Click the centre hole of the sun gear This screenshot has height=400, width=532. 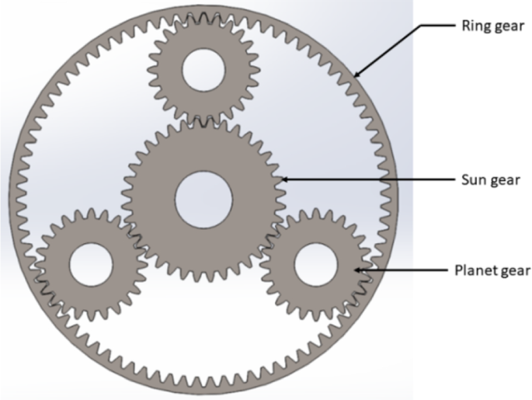[203, 200]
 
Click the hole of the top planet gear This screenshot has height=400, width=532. [203, 70]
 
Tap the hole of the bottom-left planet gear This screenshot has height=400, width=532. [91, 265]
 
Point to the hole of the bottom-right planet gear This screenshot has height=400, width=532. [316, 265]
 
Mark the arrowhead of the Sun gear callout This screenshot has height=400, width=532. [285, 179]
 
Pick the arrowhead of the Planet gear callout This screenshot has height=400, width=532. [358, 270]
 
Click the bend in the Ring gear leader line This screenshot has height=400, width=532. [422, 26]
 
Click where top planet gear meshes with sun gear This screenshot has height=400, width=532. [203, 120]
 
